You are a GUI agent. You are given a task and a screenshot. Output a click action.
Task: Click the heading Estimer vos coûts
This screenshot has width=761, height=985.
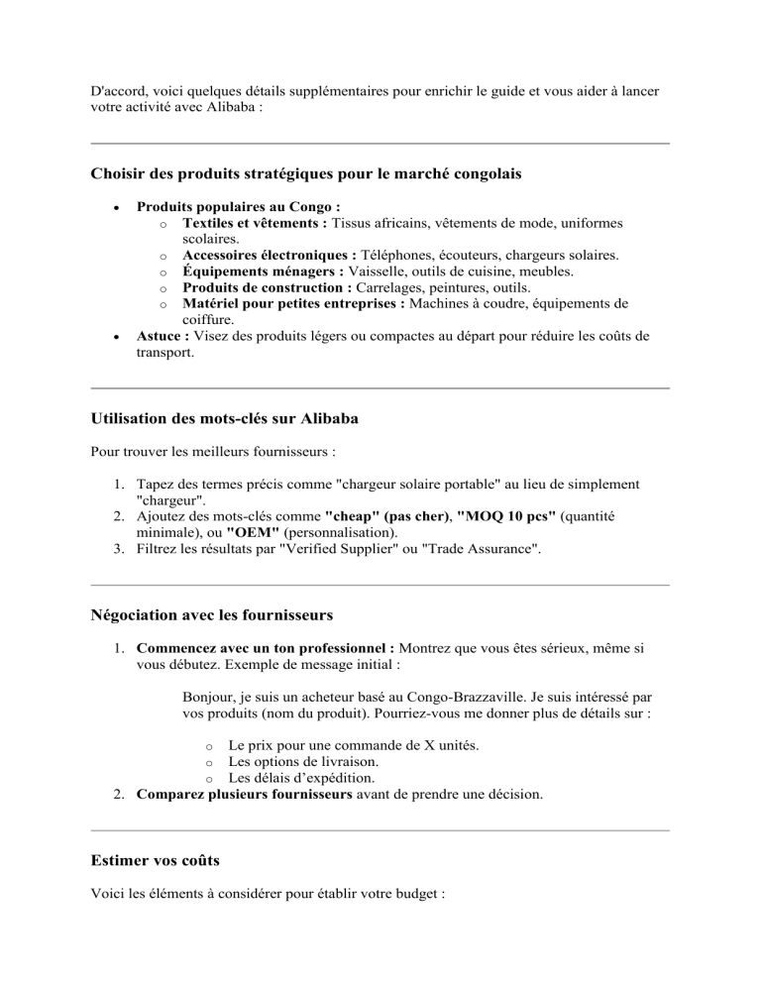coord(155,862)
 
